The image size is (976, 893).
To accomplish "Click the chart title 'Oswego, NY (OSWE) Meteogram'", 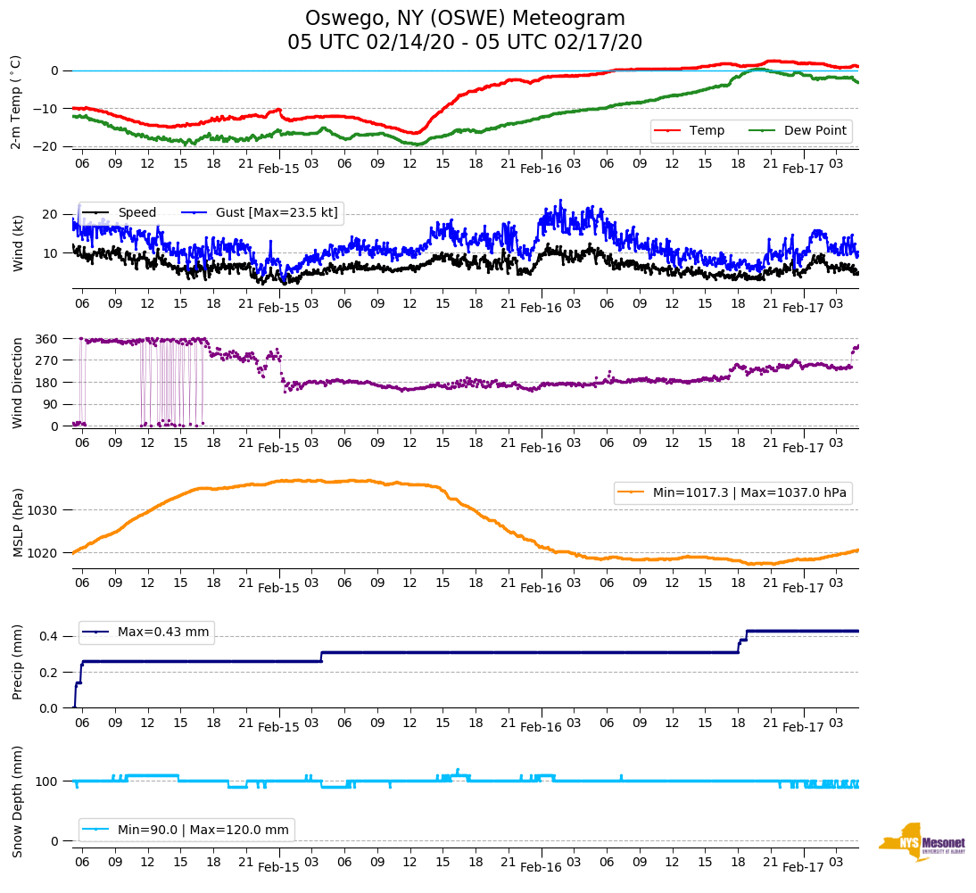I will [465, 19].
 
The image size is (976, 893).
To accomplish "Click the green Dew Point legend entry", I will [801, 131].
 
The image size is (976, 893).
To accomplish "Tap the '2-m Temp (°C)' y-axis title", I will [16, 102].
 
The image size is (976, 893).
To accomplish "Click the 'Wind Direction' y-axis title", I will [17, 383].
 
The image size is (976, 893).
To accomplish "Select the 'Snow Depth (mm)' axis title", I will [17, 801].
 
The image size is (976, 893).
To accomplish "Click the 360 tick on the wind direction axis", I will [46, 339].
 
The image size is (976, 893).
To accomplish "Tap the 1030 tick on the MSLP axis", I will [44, 510].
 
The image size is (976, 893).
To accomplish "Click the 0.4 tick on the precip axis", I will [50, 636].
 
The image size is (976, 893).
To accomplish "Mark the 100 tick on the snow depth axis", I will [47, 781].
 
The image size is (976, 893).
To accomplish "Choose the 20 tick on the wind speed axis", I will [50, 215].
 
